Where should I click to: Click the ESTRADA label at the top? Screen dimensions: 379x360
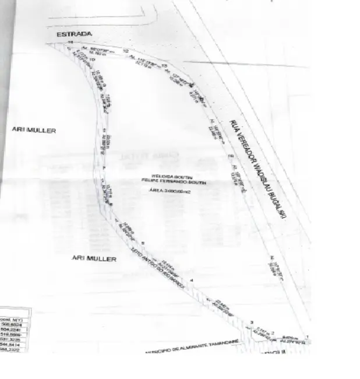click(x=73, y=35)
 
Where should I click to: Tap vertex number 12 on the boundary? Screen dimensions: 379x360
click(x=126, y=51)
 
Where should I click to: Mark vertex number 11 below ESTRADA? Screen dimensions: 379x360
click(x=69, y=43)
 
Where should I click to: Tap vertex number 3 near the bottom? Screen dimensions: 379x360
click(x=252, y=322)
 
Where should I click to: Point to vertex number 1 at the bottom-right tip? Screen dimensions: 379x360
click(x=306, y=337)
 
